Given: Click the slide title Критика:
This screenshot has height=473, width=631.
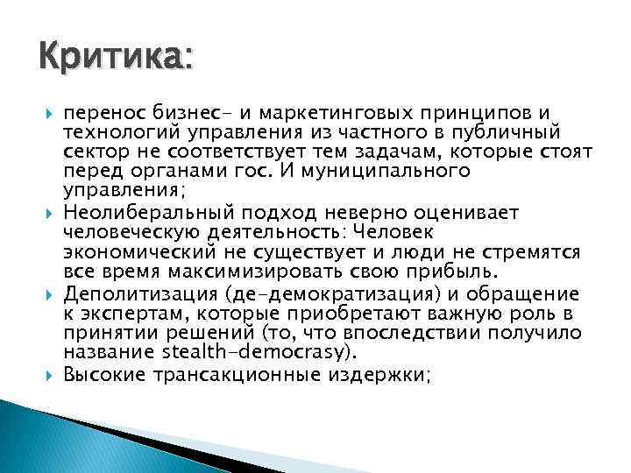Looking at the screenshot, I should click(x=113, y=59).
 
